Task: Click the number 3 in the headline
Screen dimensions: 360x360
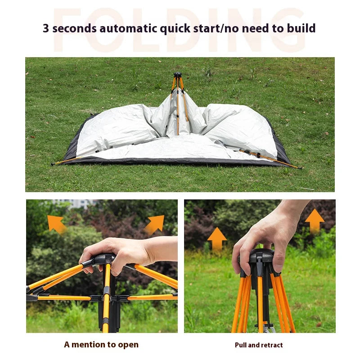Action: tap(46, 28)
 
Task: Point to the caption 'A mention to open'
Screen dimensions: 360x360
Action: tap(101, 345)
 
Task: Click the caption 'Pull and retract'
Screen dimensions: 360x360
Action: tap(259, 345)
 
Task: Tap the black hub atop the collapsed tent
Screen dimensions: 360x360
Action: tap(177, 75)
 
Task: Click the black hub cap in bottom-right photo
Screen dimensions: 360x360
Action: tap(261, 259)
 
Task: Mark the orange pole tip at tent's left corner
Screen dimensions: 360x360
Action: tap(53, 164)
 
